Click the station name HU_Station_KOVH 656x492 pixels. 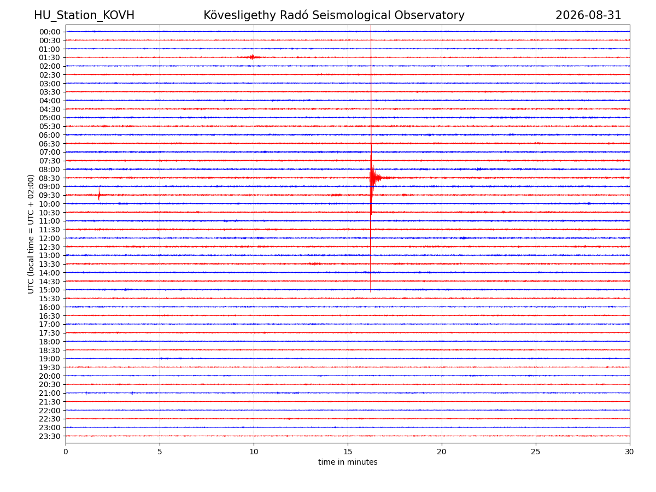coord(84,15)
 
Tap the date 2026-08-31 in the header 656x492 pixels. coord(588,15)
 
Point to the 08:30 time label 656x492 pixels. coord(50,178)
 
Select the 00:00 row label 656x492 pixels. coord(50,32)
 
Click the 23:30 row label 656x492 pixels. coord(50,436)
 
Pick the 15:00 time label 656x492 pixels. coord(50,290)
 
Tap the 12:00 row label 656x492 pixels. coord(50,238)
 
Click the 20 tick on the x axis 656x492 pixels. coord(441,452)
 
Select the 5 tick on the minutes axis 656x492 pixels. coord(160,452)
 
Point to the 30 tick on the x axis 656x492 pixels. coord(629,452)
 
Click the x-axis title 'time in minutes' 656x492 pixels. coord(348,462)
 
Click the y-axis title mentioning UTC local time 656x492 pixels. coord(31,234)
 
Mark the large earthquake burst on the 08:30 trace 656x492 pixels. coord(377,178)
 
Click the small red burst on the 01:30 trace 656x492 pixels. coord(253,57)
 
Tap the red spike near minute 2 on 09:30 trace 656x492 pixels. coord(99,194)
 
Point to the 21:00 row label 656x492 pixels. coord(50,393)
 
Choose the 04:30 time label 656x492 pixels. coord(50,109)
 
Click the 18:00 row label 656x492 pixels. coord(50,342)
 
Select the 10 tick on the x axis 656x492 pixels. coord(254,452)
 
